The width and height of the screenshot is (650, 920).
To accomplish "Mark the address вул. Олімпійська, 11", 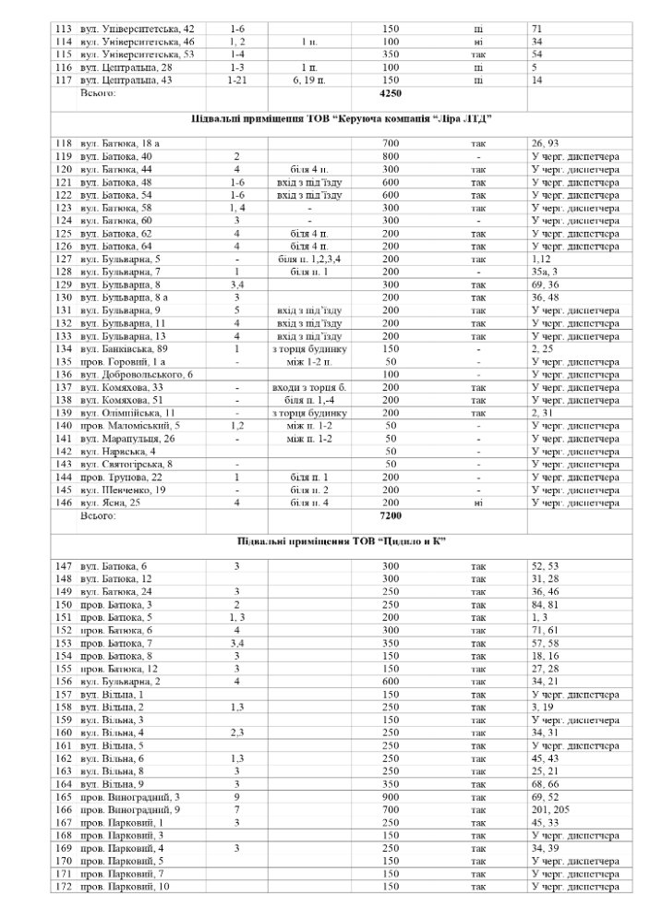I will tap(131, 413).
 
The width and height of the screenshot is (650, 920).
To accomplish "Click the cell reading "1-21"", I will tap(236, 80).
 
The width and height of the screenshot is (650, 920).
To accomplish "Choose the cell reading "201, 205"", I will tap(552, 809).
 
